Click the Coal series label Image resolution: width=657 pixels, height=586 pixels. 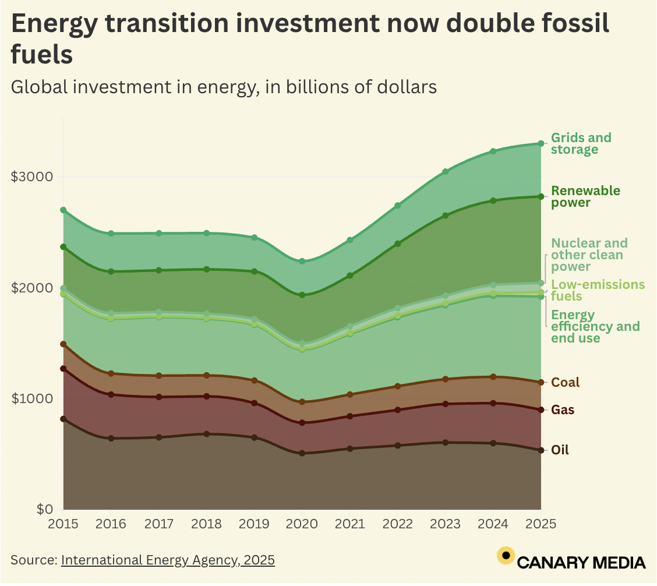[x=565, y=383]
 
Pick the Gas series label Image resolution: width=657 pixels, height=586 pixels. [x=563, y=410]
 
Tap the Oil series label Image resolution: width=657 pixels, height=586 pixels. [x=560, y=450]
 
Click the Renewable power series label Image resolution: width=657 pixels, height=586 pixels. [x=577, y=197]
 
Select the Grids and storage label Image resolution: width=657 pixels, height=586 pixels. [x=581, y=144]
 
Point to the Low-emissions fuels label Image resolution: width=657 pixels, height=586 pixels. [x=598, y=290]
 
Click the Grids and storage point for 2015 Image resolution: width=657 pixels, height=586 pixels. [x=63, y=210]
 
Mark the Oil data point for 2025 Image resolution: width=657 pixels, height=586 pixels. [x=541, y=450]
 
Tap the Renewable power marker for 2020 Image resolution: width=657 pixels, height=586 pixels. [x=302, y=295]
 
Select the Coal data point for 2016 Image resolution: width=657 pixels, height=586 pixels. [x=111, y=373]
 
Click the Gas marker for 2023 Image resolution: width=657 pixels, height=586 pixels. [x=446, y=404]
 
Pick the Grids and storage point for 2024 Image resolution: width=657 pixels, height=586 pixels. [x=493, y=151]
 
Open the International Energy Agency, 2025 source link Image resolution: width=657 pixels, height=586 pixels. [x=168, y=560]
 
